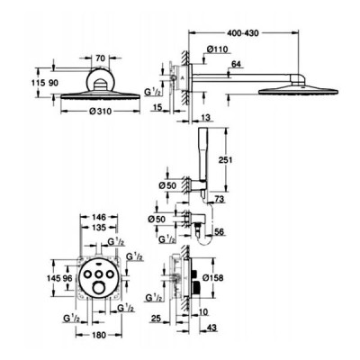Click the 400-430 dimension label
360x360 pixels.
[242, 32]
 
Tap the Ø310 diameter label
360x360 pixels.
[101, 112]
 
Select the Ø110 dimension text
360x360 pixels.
[218, 49]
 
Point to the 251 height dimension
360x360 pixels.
[226, 160]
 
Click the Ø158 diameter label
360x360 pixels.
[213, 278]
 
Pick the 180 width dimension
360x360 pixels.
[99, 335]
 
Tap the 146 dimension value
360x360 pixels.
[99, 217]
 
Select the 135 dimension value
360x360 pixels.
[99, 228]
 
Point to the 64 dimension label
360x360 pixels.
[237, 64]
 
